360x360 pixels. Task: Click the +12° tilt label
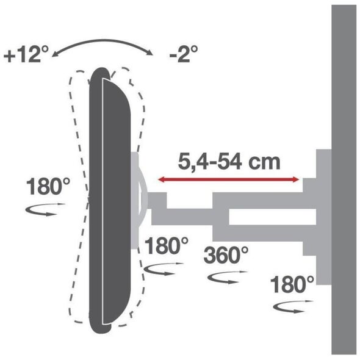pos(26,54)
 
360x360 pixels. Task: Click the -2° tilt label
pos(184,54)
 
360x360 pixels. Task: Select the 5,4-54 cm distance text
pos(229,162)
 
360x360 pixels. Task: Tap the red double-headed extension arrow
pos(229,179)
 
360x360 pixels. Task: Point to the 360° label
pos(226,254)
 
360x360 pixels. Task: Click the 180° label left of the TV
pos(48,187)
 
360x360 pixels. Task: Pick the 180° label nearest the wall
pos(292,284)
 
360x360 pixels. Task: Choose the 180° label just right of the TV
pos(167,246)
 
